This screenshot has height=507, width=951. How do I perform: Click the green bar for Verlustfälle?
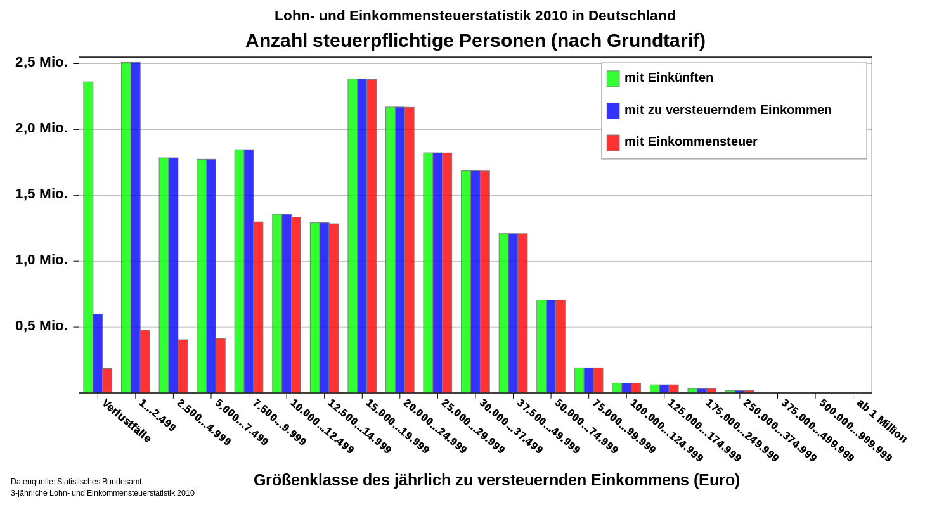tap(88, 238)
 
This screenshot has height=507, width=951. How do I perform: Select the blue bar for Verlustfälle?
tap(98, 353)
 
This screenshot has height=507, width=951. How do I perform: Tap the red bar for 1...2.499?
tap(145, 361)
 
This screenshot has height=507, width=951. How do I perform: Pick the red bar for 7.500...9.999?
tap(258, 307)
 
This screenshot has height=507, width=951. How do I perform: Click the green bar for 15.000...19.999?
tap(353, 236)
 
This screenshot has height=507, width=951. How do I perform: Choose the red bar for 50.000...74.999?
tap(560, 346)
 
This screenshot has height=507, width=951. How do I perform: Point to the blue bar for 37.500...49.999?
tap(513, 313)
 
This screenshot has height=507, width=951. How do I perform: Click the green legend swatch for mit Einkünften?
tap(613, 79)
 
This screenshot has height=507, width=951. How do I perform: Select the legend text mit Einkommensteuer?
tap(690, 142)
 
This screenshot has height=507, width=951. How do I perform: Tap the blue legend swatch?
tap(613, 111)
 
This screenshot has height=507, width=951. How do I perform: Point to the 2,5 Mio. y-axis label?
tap(42, 62)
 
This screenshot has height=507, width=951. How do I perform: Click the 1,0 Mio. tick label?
tap(42, 260)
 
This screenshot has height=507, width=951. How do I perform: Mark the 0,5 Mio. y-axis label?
tap(42, 326)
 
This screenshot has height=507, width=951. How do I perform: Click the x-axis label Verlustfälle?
tap(127, 421)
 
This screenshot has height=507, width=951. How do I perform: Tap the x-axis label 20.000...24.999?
tap(435, 426)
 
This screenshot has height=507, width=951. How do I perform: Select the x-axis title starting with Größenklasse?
tap(496, 480)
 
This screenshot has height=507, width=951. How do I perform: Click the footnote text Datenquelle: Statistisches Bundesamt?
tap(76, 482)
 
